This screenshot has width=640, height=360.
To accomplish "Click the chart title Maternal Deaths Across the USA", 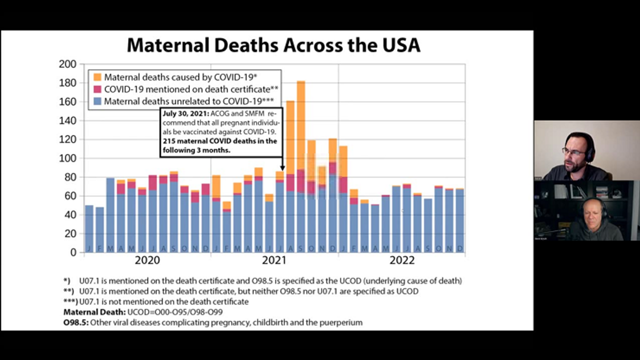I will tap(273, 45).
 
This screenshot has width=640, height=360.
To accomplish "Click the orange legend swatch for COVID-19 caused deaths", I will tap(97, 77).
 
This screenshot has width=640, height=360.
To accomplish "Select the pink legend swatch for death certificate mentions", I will tap(97, 89).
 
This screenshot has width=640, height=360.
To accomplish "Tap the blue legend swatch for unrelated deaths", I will tap(97, 101).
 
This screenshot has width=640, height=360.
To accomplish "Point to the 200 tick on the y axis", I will tap(67, 64).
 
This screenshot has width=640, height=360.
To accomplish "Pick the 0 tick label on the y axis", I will tap(73, 252).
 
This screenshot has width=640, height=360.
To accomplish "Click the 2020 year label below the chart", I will tap(147, 260).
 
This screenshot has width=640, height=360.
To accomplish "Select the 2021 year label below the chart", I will tap(274, 260).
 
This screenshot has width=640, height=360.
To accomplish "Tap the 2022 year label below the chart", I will tap(402, 260).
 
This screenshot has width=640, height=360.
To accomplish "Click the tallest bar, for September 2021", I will tap(300, 165).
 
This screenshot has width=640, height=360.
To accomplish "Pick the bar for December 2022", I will tap(459, 220).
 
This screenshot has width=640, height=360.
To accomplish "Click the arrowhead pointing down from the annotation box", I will tap(282, 168).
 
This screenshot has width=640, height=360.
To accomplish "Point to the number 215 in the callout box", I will tap(169, 141).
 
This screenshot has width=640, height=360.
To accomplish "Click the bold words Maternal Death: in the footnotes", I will tap(94, 312).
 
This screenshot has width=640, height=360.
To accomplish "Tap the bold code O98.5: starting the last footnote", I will tap(76, 322).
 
